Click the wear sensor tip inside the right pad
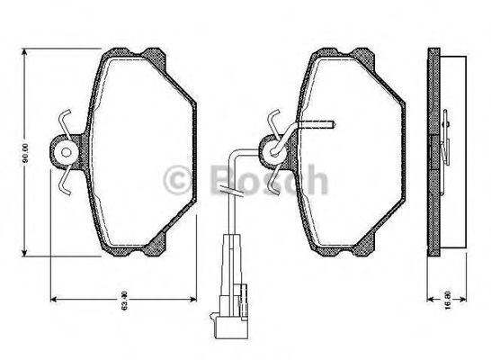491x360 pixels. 331,121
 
